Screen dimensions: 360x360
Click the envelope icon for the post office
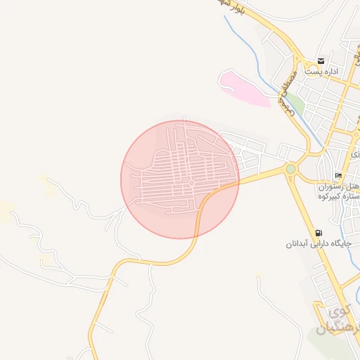(321, 61)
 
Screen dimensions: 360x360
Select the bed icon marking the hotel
(339, 175)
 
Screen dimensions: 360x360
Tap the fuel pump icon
(320, 233)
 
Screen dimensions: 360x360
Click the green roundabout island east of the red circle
(290, 169)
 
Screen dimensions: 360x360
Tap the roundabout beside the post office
(304, 60)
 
